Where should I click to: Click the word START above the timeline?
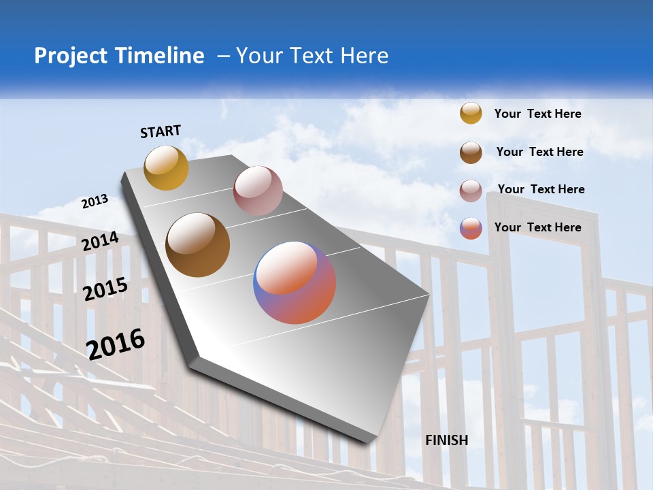pos(161,131)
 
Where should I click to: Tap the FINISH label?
pos(446,440)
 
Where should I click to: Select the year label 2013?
pos(95,201)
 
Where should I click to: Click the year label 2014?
pos(101,242)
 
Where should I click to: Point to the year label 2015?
pos(105,289)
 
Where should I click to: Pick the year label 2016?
pos(116,344)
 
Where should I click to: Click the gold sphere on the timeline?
pos(166,167)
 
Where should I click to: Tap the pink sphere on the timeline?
pos(258,191)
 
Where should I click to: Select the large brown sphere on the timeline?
pos(197,245)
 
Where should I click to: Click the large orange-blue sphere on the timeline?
pos(295,282)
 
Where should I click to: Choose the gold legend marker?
pos(471,113)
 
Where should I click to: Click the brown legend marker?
pos(471,152)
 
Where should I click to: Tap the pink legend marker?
pos(471,190)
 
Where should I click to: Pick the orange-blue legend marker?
pos(471,228)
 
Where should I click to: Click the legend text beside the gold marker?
pos(537,114)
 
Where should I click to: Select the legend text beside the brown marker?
pos(539,152)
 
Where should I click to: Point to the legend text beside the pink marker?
pos(541,189)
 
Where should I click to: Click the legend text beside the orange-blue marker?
pos(537,227)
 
